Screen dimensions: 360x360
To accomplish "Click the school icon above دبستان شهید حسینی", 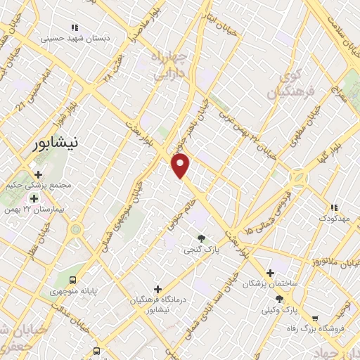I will pyautogui.click(x=75, y=27).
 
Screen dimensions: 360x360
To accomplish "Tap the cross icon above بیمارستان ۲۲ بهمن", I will pyautogui.click(x=34, y=199).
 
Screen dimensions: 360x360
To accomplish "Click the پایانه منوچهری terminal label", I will pyautogui.click(x=69, y=290).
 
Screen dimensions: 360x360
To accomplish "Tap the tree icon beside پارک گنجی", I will pyautogui.click(x=202, y=239).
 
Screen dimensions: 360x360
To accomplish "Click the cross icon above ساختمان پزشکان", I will pyautogui.click(x=269, y=273).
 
